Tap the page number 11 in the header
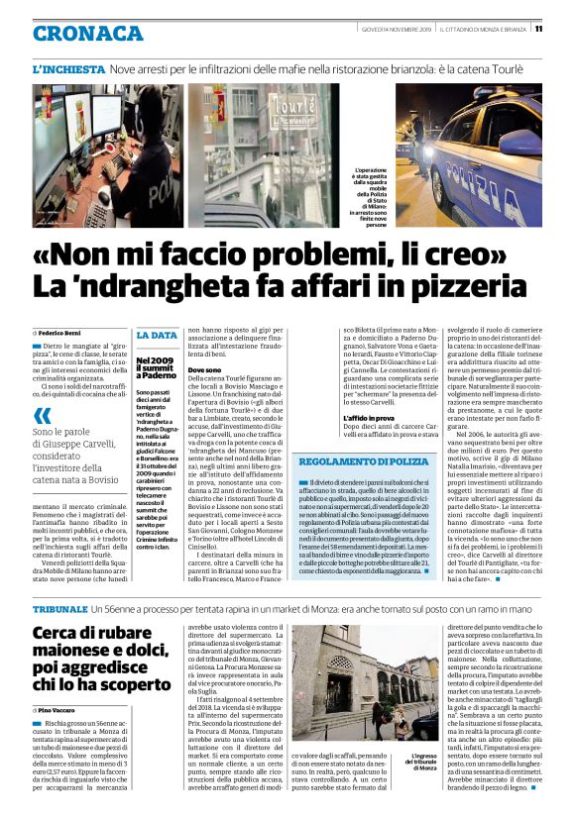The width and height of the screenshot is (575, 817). [x=565, y=28]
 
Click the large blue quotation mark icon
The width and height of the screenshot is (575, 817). [x=42, y=416]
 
